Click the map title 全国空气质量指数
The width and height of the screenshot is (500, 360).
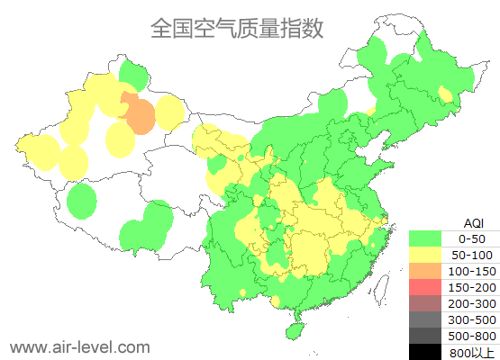click(x=237, y=28)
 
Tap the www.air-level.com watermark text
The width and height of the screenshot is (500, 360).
click(x=79, y=346)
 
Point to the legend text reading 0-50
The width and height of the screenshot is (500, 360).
click(x=471, y=238)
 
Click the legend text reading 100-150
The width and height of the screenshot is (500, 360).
click(x=472, y=271)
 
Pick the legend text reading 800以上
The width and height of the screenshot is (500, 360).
click(x=472, y=352)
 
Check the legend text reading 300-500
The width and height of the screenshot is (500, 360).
click(x=472, y=319)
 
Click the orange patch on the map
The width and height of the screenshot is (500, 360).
click(x=139, y=114)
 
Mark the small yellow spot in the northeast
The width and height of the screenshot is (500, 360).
click(x=445, y=94)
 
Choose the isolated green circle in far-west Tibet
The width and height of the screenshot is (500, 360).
click(x=82, y=201)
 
